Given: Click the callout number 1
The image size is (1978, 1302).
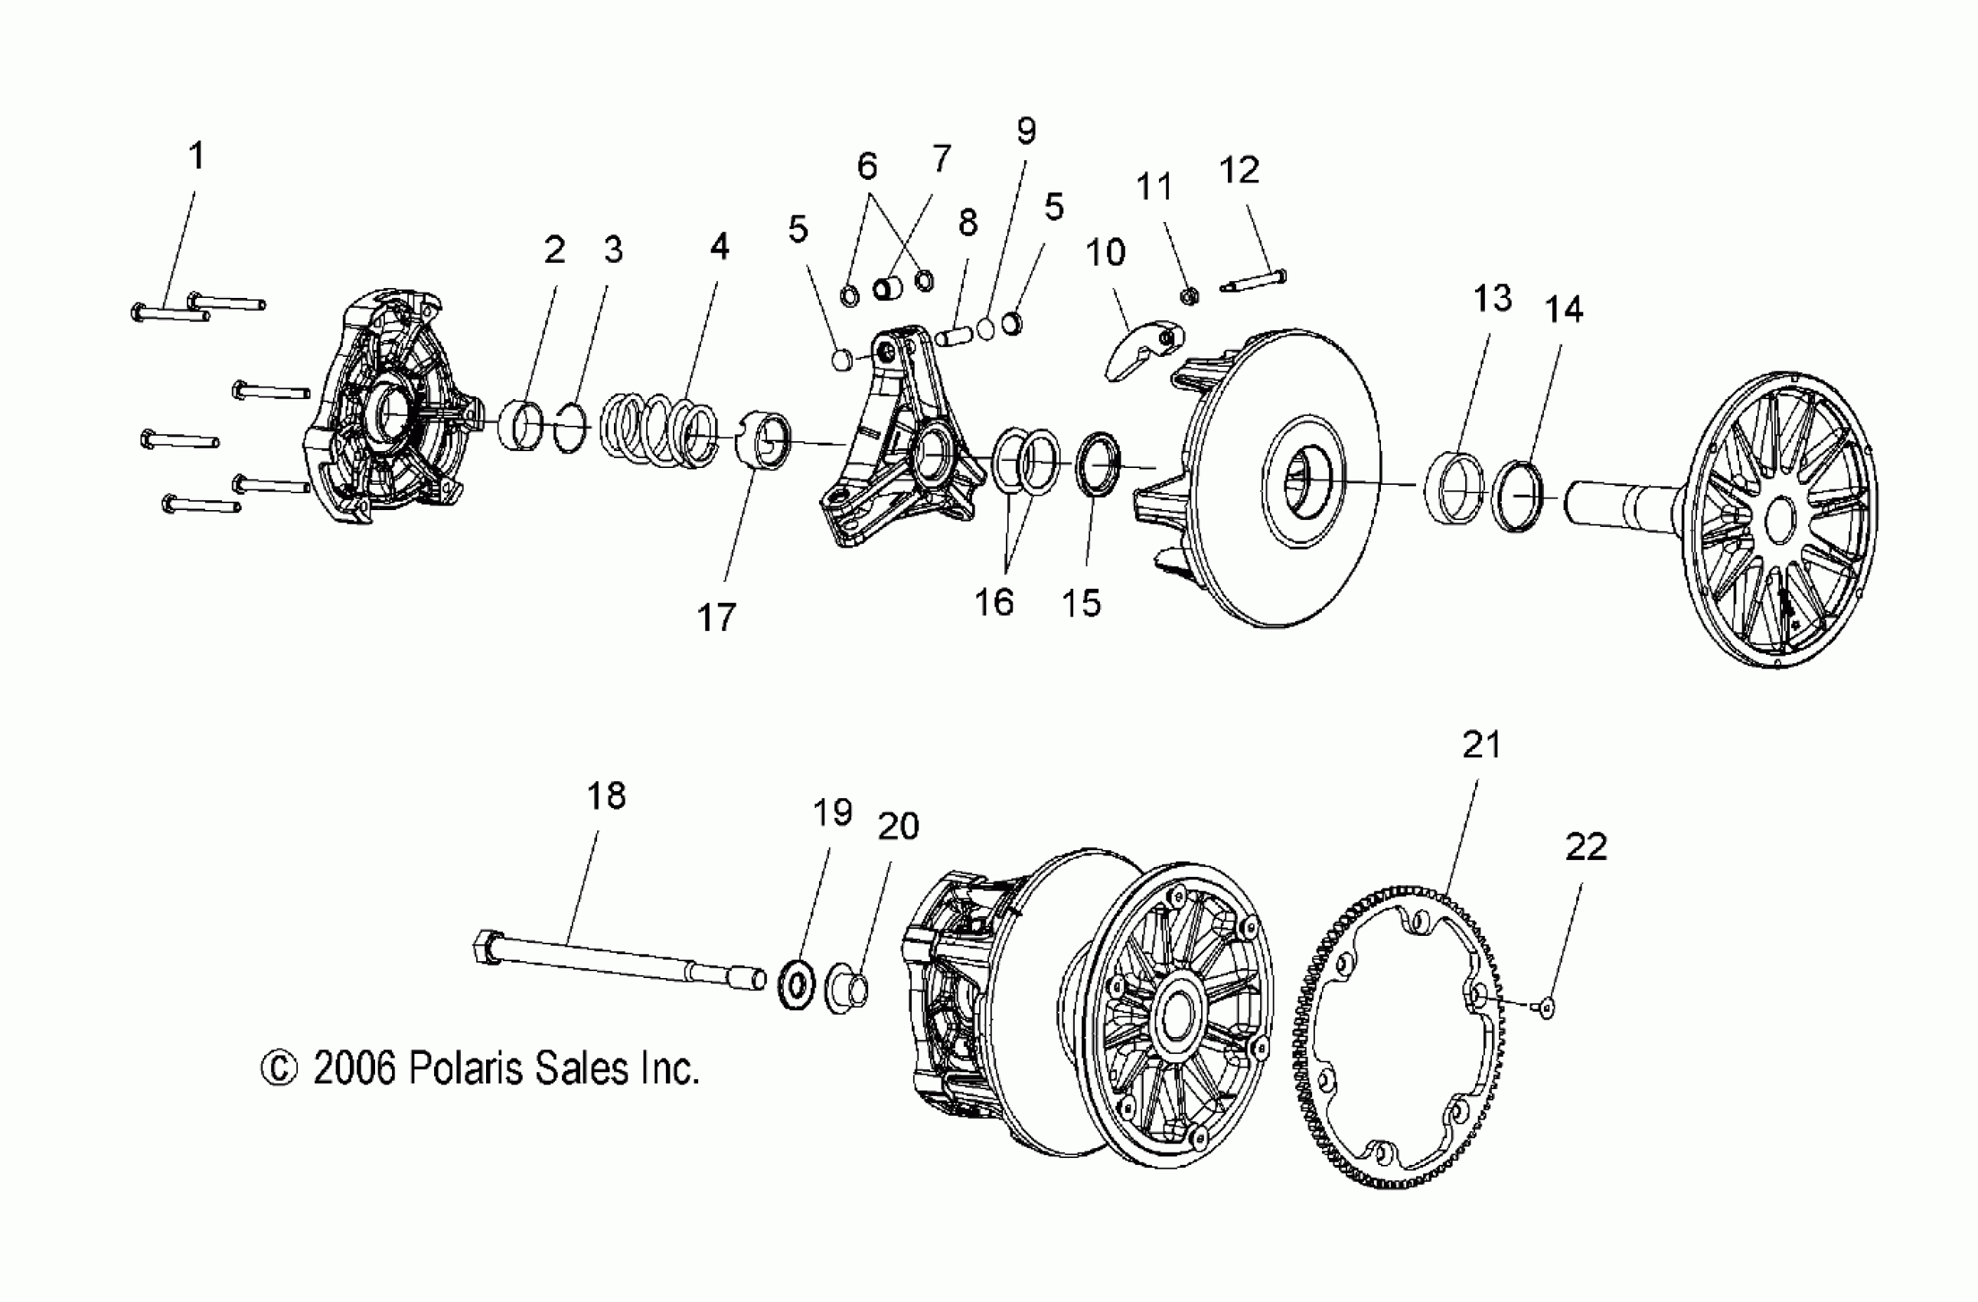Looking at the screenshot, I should coord(196,156).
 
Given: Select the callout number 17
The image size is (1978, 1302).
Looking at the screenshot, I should coord(716,618).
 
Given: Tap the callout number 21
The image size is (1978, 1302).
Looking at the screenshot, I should coord(1481,745).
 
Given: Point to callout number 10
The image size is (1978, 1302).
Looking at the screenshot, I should coord(1105,253).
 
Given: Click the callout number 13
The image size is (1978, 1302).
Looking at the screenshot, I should coord(1493,299).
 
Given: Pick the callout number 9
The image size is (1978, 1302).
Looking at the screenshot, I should coord(1027,132).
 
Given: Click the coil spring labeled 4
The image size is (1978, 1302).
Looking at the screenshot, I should coord(661,428).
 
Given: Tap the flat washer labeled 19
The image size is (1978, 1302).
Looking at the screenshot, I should coord(796,986).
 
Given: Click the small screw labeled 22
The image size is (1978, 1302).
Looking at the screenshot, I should coord(1544,1009).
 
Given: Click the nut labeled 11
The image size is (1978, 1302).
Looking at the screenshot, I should coord(1190,295).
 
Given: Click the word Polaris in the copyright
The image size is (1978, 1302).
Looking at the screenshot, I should coord(465,1069).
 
